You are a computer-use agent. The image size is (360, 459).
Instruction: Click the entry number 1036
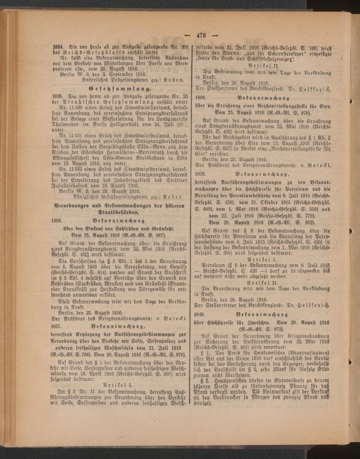click(x=58, y=220)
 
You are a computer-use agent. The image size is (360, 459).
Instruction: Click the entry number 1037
click(x=58, y=326)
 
